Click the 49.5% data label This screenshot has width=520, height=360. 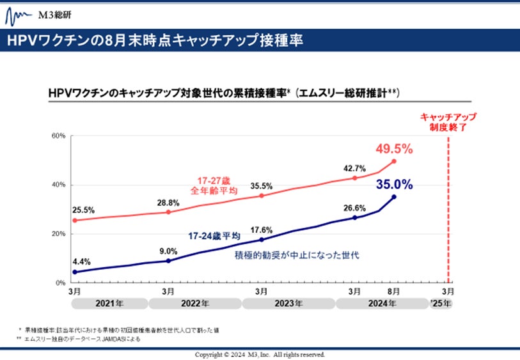[393, 148]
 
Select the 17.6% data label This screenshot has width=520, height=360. [262, 230]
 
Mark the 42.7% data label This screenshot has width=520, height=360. [354, 169]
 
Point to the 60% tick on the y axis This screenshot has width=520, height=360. [59, 136]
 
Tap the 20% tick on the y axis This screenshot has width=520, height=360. [59, 234]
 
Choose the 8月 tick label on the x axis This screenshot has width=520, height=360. [394, 292]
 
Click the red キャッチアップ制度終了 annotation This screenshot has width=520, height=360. [448, 121]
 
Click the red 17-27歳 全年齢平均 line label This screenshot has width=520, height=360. [215, 185]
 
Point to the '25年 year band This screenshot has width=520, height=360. [441, 304]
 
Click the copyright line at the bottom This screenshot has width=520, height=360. [260, 354]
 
